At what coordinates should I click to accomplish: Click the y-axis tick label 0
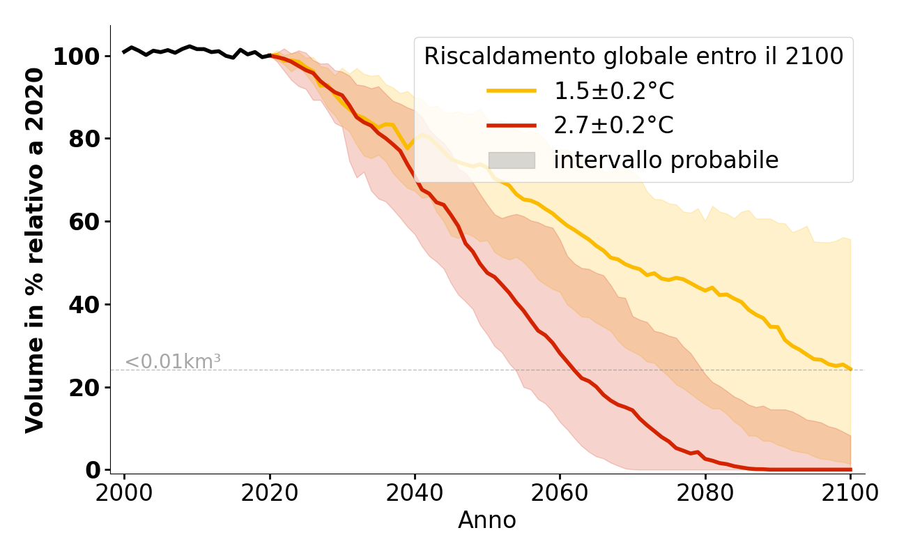[x=92, y=470]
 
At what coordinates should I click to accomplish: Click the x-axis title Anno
[x=487, y=520]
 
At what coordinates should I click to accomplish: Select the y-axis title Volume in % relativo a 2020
[x=36, y=250]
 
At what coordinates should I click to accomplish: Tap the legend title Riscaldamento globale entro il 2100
[x=634, y=56]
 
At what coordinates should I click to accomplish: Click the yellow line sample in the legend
[x=512, y=91]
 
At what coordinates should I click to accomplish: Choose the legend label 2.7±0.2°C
[x=614, y=126]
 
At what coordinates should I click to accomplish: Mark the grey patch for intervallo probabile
[x=512, y=160]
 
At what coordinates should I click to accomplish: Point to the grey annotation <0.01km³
[x=173, y=362]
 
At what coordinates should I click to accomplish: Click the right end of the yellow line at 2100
[x=850, y=369]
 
